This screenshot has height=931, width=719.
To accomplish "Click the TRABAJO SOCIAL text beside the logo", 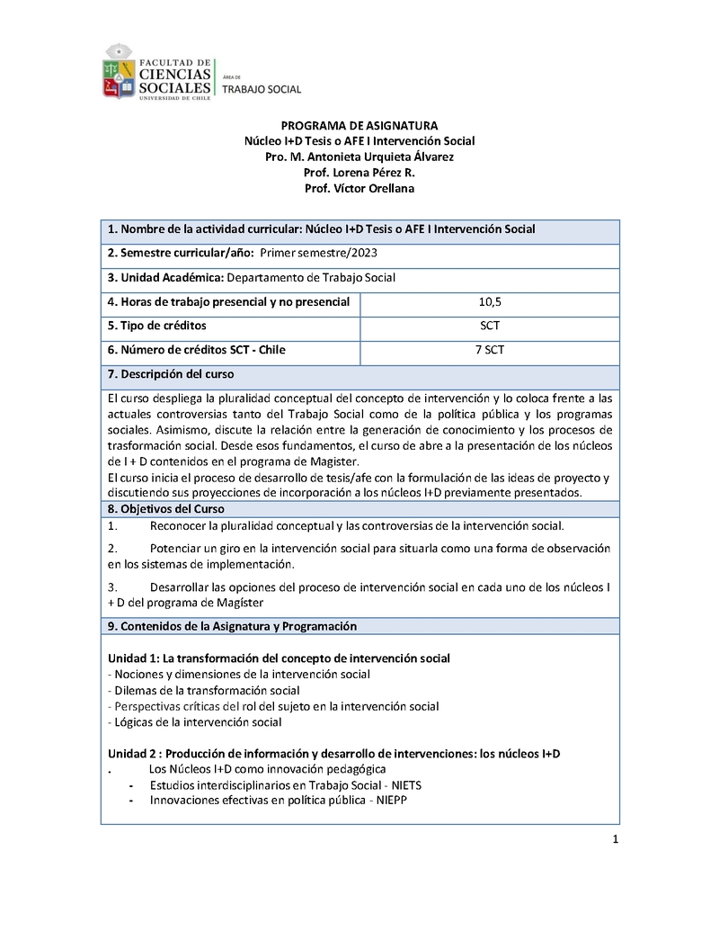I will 262,89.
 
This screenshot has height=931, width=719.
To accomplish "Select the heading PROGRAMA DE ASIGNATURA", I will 359,125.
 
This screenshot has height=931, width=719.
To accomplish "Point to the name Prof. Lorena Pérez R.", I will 359,172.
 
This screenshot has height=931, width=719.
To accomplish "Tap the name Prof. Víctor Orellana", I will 359,188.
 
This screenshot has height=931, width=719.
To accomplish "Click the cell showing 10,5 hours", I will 490,302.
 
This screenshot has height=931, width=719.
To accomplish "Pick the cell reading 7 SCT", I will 490,350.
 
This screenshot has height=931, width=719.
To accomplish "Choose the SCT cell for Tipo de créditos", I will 490,326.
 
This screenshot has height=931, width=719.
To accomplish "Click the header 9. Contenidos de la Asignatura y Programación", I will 232,626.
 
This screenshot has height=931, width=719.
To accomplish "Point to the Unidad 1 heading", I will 279,658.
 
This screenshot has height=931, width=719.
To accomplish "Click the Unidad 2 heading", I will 333,753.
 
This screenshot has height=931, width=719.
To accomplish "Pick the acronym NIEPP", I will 392,801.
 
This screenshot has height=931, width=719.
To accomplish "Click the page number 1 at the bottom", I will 616,840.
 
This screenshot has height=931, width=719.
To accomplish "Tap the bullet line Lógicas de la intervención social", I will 195,721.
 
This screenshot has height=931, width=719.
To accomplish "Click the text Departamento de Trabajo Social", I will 311,278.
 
